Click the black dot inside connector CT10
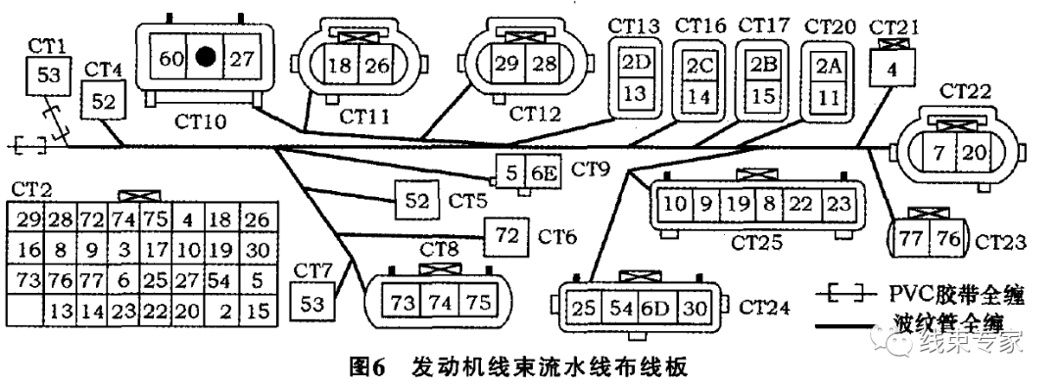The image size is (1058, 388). pyautogui.click(x=205, y=58)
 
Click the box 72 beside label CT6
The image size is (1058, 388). pyautogui.click(x=507, y=236)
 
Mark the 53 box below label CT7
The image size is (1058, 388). pyautogui.click(x=313, y=303)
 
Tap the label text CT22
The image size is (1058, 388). pyautogui.click(x=966, y=91)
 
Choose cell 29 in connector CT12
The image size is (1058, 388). pyautogui.click(x=506, y=65)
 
